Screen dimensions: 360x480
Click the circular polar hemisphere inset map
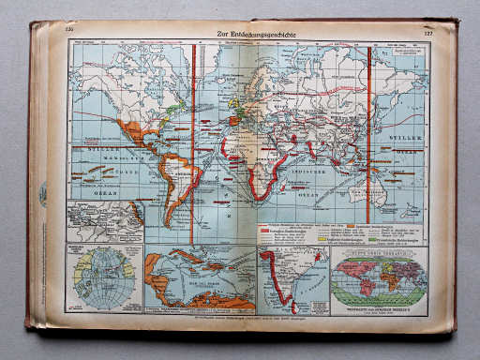click(102, 278)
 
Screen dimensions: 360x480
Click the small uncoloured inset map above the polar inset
click(102, 222)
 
